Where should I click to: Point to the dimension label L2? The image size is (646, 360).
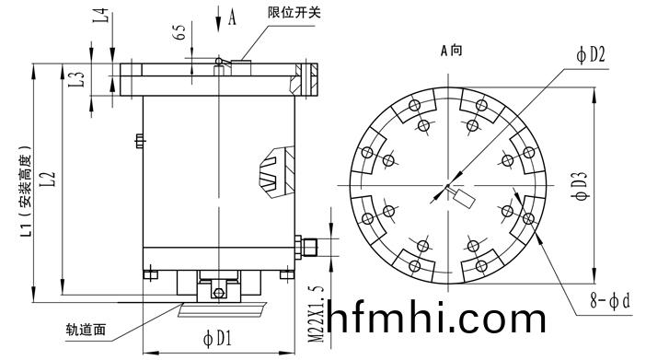tap(48, 179)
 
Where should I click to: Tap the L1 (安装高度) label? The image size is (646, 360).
tap(26, 191)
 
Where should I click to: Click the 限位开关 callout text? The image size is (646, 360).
tap(294, 12)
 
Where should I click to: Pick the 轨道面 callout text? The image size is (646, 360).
tap(86, 329)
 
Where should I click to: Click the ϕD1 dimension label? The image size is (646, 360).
tap(217, 339)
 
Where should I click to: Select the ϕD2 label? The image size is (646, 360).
tap(591, 54)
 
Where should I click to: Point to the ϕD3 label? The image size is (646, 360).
tap(581, 185)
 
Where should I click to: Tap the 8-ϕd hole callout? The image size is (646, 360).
tap(610, 300)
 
